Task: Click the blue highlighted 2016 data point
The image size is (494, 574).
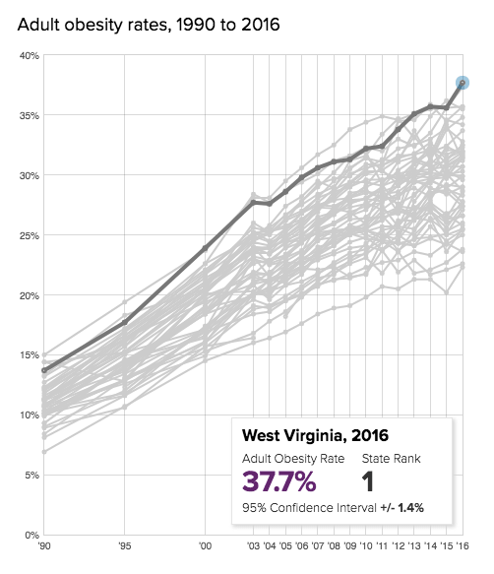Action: (463, 83)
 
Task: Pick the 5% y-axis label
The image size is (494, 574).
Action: (30, 476)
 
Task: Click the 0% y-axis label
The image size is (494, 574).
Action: (30, 536)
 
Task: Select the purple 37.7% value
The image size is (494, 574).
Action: (279, 481)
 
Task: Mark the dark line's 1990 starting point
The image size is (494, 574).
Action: (44, 371)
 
